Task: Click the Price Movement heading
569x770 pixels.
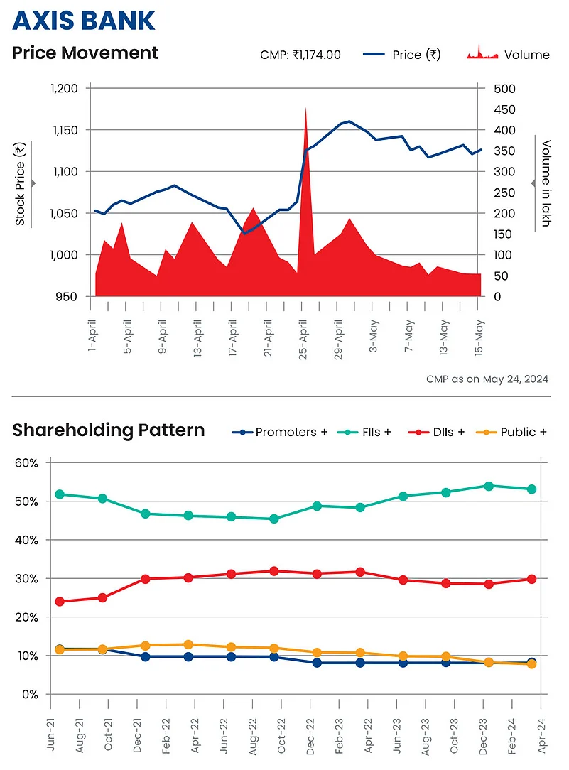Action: (85, 53)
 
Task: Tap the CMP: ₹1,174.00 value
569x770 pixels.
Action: (300, 55)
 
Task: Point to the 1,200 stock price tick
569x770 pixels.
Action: (65, 88)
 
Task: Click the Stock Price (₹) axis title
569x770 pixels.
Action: (21, 183)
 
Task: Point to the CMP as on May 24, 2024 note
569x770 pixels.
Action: (487, 379)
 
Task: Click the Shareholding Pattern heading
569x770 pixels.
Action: (109, 430)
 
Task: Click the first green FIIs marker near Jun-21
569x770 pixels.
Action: (60, 494)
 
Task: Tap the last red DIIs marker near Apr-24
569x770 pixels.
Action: (532, 579)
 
